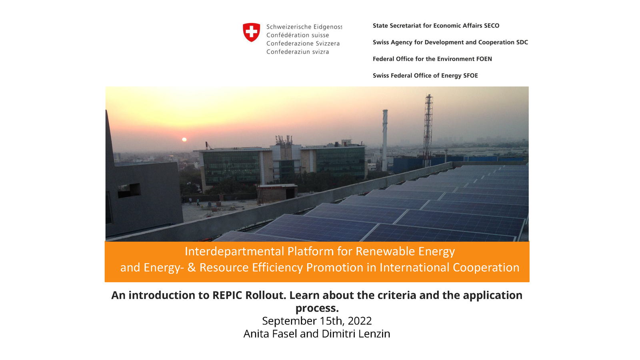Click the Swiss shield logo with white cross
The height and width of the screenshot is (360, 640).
pyautogui.click(x=252, y=32)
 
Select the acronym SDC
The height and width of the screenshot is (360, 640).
pyautogui.click(x=522, y=42)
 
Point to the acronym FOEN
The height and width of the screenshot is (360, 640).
pyautogui.click(x=484, y=59)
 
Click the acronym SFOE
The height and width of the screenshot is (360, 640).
pyautogui.click(x=470, y=76)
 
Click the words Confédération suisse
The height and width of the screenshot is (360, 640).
pyautogui.click(x=298, y=35)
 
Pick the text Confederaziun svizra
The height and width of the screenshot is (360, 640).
pyautogui.click(x=298, y=52)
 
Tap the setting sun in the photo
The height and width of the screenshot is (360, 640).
pyautogui.click(x=184, y=140)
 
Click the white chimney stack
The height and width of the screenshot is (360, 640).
pyautogui.click(x=385, y=140)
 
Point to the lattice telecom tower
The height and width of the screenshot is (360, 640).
pyautogui.click(x=428, y=130)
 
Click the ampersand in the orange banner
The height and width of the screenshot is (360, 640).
pyautogui.click(x=192, y=268)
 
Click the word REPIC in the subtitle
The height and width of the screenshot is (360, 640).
pyautogui.click(x=228, y=295)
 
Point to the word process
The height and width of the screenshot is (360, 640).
pyautogui.click(x=317, y=308)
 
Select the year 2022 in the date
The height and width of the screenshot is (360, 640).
pyautogui.click(x=360, y=321)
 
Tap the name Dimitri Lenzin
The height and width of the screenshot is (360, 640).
pyautogui.click(x=356, y=334)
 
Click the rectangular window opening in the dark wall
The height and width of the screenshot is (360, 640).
pyautogui.click(x=129, y=190)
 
